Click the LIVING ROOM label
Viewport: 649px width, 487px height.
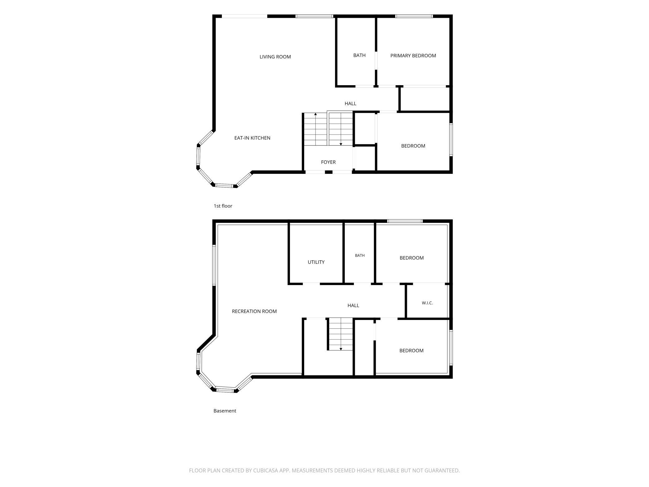tap(275, 57)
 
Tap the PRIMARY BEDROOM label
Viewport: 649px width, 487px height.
tap(413, 56)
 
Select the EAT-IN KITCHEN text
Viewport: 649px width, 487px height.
tap(252, 138)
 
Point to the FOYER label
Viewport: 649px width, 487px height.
tap(328, 162)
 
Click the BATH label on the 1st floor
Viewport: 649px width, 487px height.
tap(359, 55)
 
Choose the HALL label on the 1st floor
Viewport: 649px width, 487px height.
tap(350, 104)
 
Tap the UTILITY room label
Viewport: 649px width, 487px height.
tap(316, 262)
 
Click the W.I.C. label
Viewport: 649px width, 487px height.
tap(427, 303)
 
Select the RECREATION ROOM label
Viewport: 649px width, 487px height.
tap(254, 311)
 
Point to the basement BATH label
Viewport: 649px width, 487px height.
tap(360, 255)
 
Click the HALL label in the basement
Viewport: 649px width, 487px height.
tap(353, 306)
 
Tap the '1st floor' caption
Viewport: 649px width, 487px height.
tap(223, 206)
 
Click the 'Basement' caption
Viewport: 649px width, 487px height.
tap(225, 411)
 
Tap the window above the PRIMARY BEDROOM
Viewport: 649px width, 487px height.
tap(414, 16)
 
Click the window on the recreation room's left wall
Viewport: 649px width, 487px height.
tap(214, 265)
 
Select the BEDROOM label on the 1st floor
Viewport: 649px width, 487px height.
tap(413, 146)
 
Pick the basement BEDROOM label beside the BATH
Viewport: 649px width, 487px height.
tap(412, 258)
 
